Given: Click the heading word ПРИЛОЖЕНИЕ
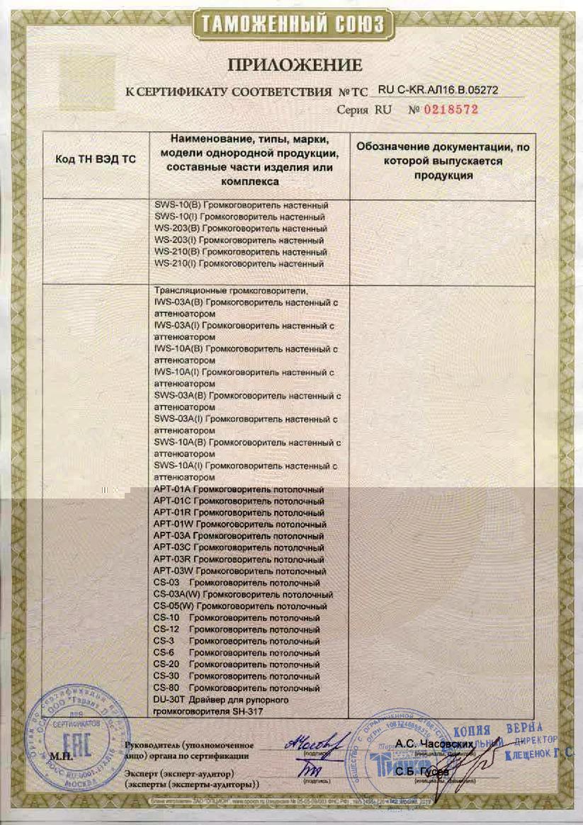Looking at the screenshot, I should point(295,66).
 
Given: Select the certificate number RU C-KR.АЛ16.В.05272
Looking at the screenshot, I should point(439,91).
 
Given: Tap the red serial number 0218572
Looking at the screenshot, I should point(451,110).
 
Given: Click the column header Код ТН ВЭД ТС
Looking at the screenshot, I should point(95,159).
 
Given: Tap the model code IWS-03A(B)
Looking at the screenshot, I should point(179,302).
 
